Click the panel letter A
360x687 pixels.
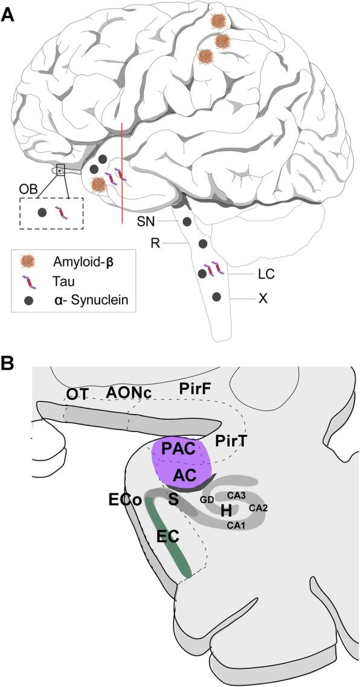(x=8, y=14)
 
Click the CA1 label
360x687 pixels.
(x=236, y=525)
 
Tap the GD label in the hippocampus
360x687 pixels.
(x=207, y=500)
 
